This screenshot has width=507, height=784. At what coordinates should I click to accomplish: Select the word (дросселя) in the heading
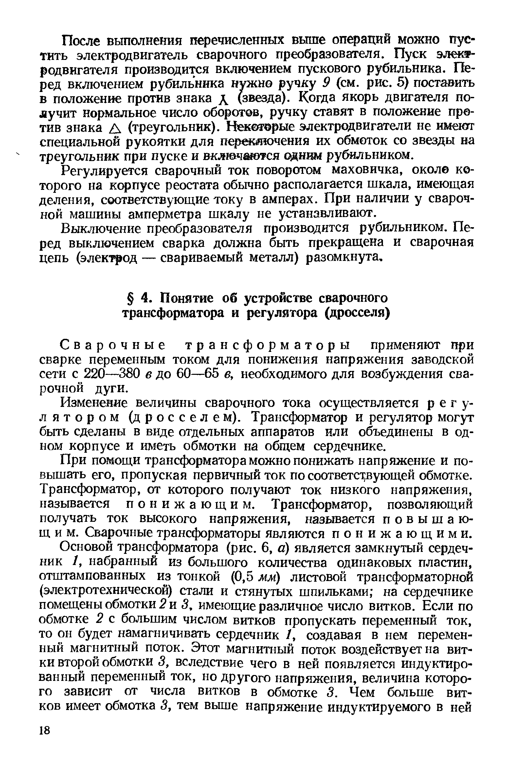point(357,313)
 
